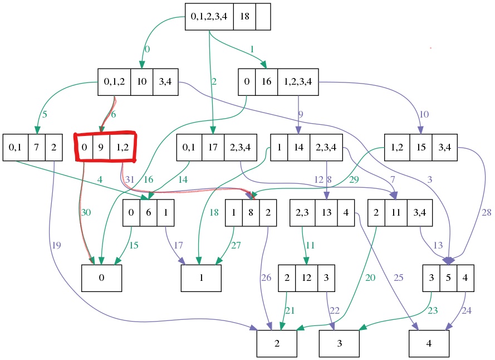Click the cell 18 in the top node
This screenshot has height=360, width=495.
click(x=244, y=17)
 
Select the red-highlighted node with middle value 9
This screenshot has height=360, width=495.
click(x=106, y=148)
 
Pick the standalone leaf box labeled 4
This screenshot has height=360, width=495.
click(x=429, y=343)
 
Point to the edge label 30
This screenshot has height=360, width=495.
click(x=86, y=212)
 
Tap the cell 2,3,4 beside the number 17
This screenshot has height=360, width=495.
click(x=241, y=148)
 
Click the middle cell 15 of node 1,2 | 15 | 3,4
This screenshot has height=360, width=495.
click(x=421, y=148)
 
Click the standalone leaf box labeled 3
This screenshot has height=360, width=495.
click(x=339, y=343)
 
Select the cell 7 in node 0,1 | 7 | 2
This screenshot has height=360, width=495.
click(x=37, y=148)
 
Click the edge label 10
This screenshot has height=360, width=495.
click(x=424, y=115)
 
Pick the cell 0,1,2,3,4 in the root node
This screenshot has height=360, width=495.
click(x=209, y=17)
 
